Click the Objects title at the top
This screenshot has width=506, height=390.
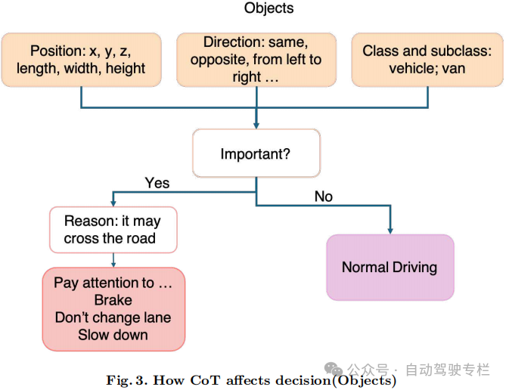[269, 9]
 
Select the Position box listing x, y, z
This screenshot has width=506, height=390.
[81, 60]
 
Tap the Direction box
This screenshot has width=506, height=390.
[256, 60]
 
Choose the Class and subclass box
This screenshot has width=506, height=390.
[427, 60]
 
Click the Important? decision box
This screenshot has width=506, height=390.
[256, 153]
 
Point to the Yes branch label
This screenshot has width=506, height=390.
[157, 183]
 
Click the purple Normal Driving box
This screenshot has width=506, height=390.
[390, 268]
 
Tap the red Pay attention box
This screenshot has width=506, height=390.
[113, 308]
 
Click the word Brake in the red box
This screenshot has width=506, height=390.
[113, 300]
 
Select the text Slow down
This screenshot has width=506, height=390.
[113, 335]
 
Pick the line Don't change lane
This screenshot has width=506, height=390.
[113, 317]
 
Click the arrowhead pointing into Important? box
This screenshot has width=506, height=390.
[256, 125]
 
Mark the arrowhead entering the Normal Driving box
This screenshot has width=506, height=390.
[390, 230]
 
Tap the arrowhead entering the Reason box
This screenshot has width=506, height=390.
[113, 203]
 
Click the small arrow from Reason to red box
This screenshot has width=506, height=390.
[113, 261]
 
